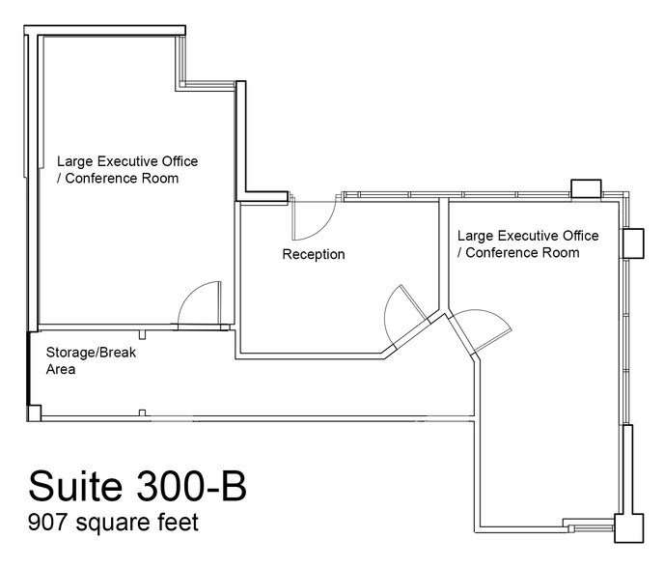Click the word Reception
pyautogui.click(x=313, y=255)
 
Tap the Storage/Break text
pyautogui.click(x=92, y=353)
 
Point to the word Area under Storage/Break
pyautogui.click(x=61, y=369)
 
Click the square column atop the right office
pyautogui.click(x=585, y=187)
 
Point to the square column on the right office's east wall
pyautogui.click(x=632, y=241)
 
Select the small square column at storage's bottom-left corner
pyautogui.click(x=34, y=414)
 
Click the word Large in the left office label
pyautogui.click(x=74, y=161)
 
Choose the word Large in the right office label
pyautogui.click(x=475, y=236)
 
